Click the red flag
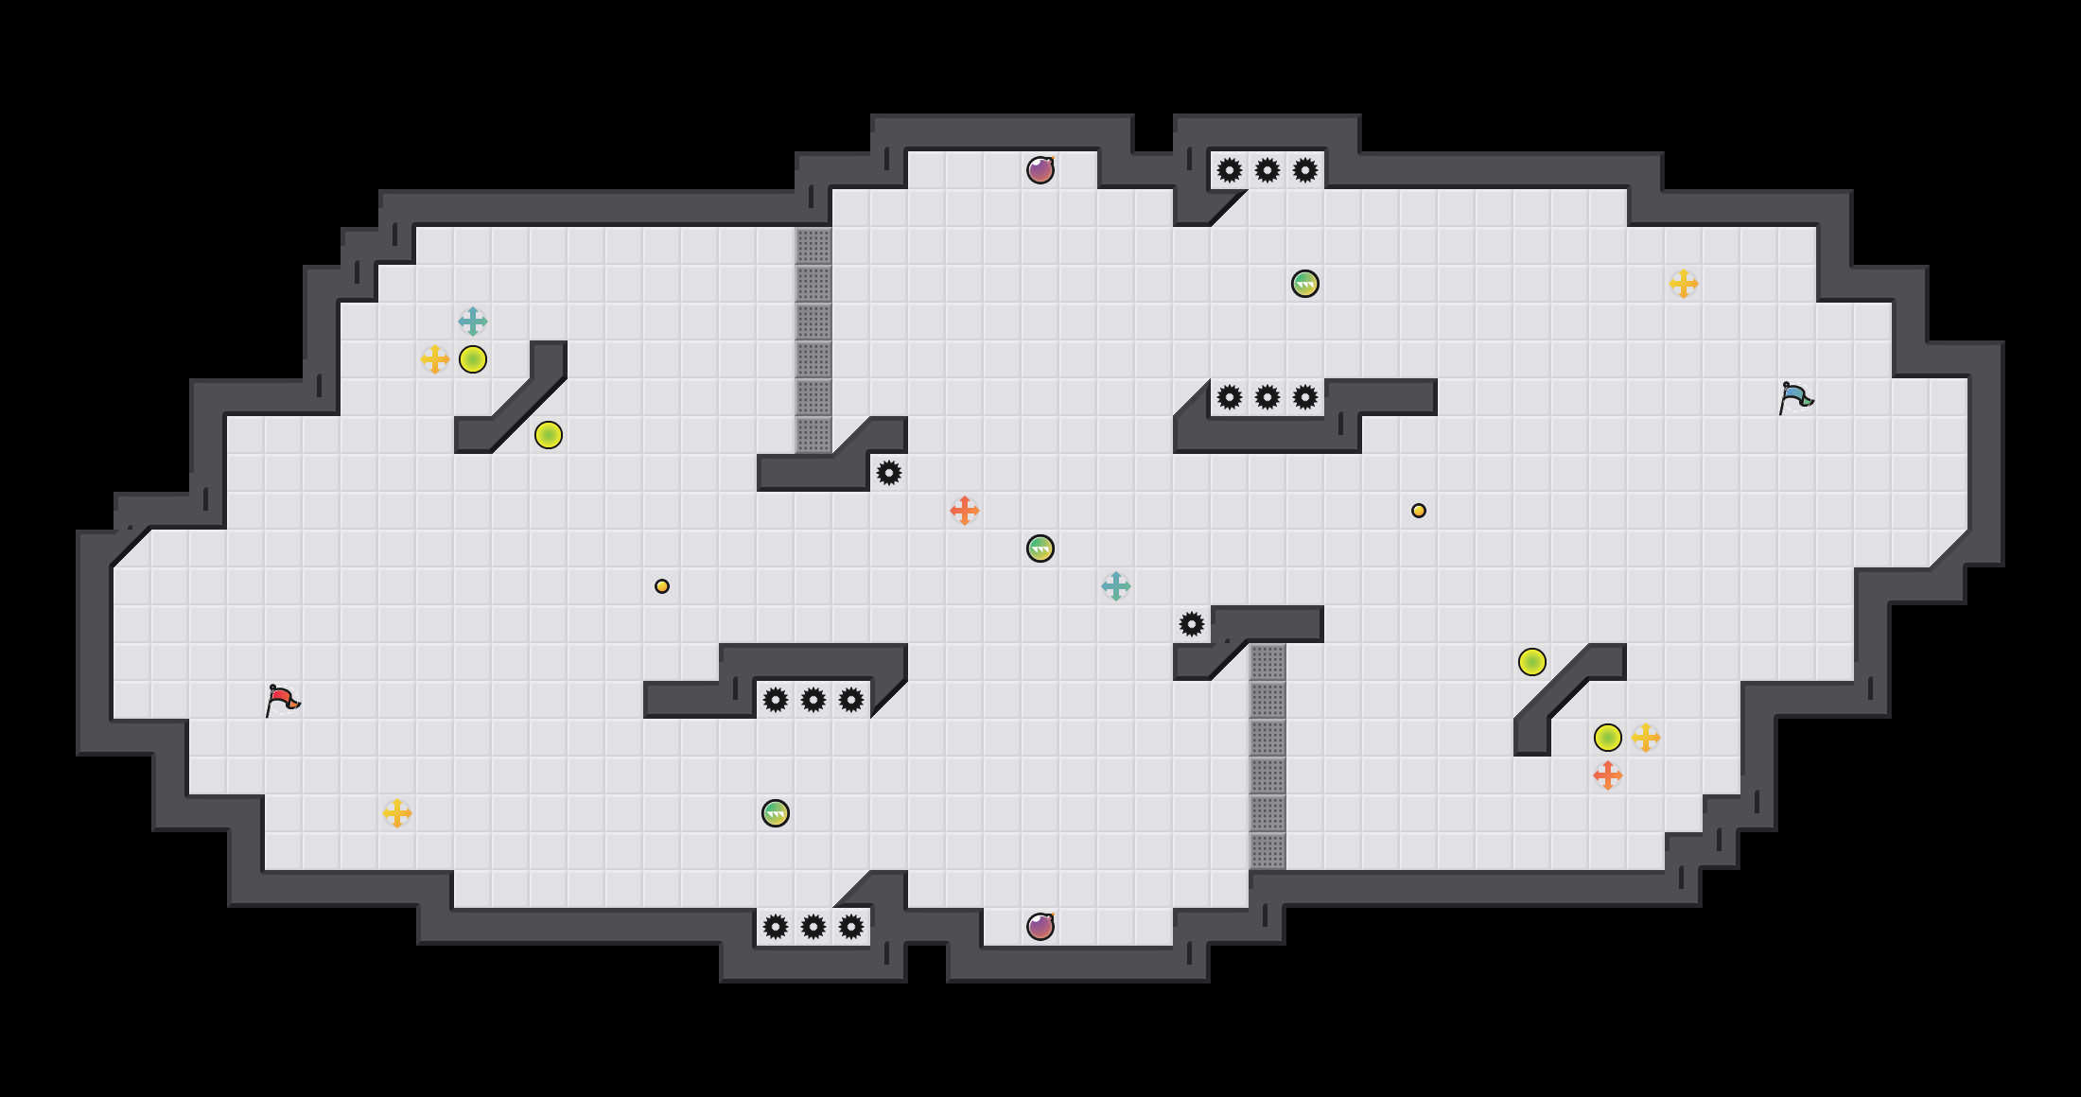click(282, 700)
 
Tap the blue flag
click(1795, 397)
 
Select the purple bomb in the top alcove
click(1040, 170)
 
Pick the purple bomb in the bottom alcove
click(1040, 927)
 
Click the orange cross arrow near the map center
click(965, 511)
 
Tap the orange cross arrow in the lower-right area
click(1608, 775)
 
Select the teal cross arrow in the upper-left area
click(473, 322)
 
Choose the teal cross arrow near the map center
click(1116, 586)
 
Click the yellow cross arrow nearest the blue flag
click(1684, 284)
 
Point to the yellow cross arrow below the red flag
click(397, 813)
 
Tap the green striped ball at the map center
click(1040, 548)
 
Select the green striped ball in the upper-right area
click(1305, 284)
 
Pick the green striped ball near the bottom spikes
click(776, 813)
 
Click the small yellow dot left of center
click(662, 586)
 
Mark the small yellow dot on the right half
click(1419, 511)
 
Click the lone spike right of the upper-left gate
click(889, 473)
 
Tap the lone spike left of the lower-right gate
click(1192, 624)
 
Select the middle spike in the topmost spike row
click(1268, 170)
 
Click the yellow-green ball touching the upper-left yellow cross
click(473, 359)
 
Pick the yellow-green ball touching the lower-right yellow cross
click(1608, 738)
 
